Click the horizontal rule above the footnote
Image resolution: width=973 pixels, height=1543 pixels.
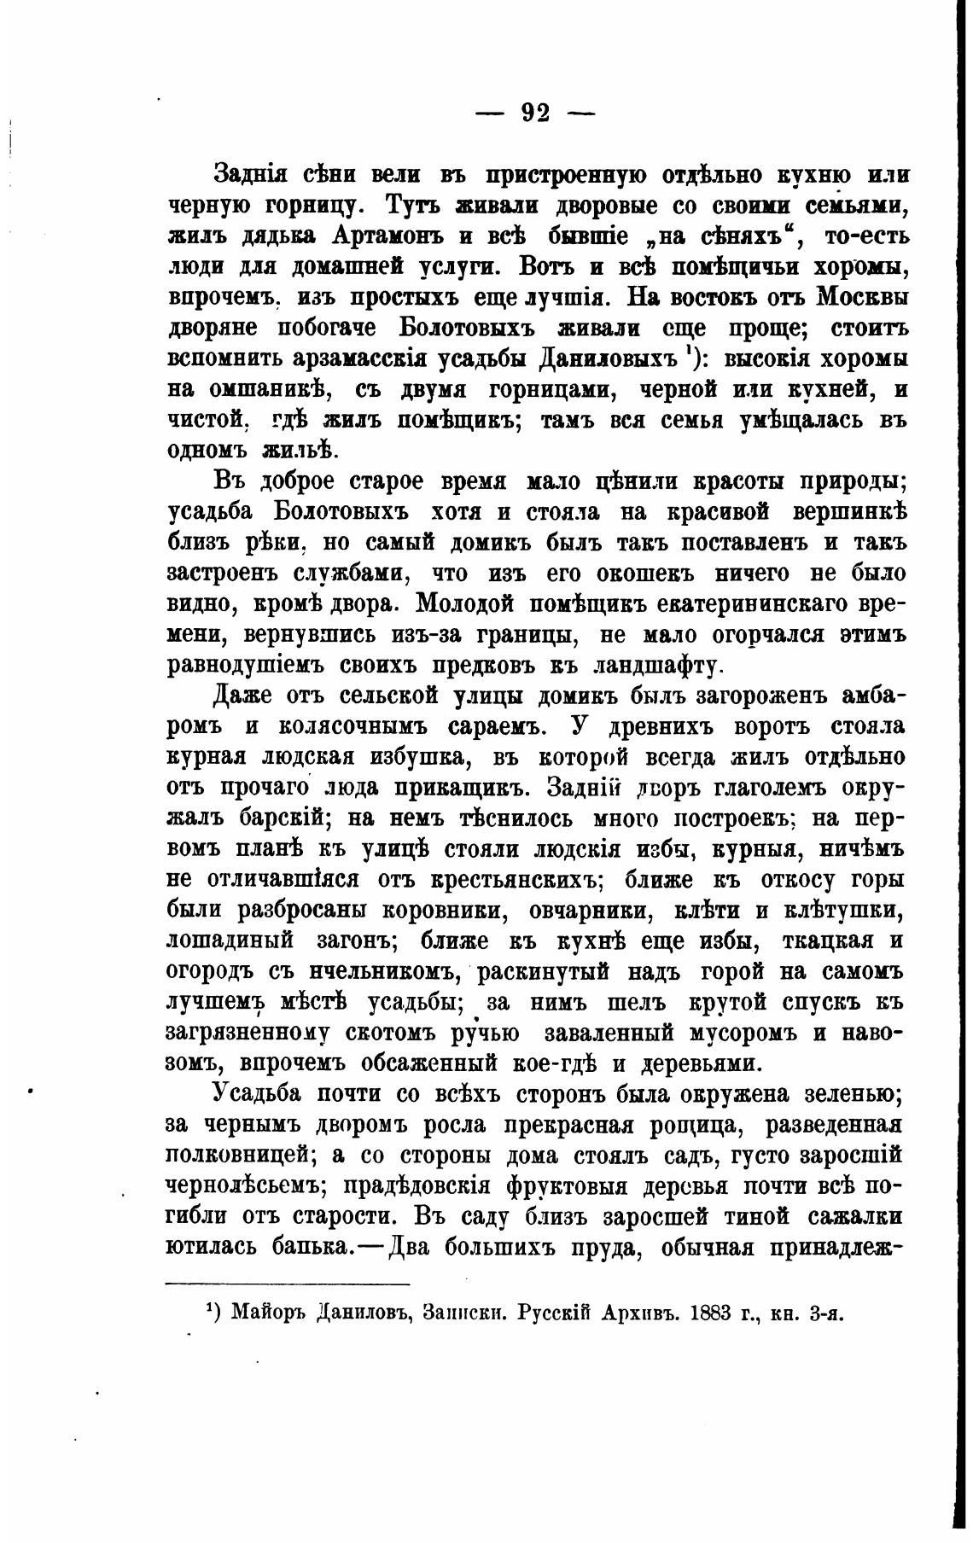click(288, 1284)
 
